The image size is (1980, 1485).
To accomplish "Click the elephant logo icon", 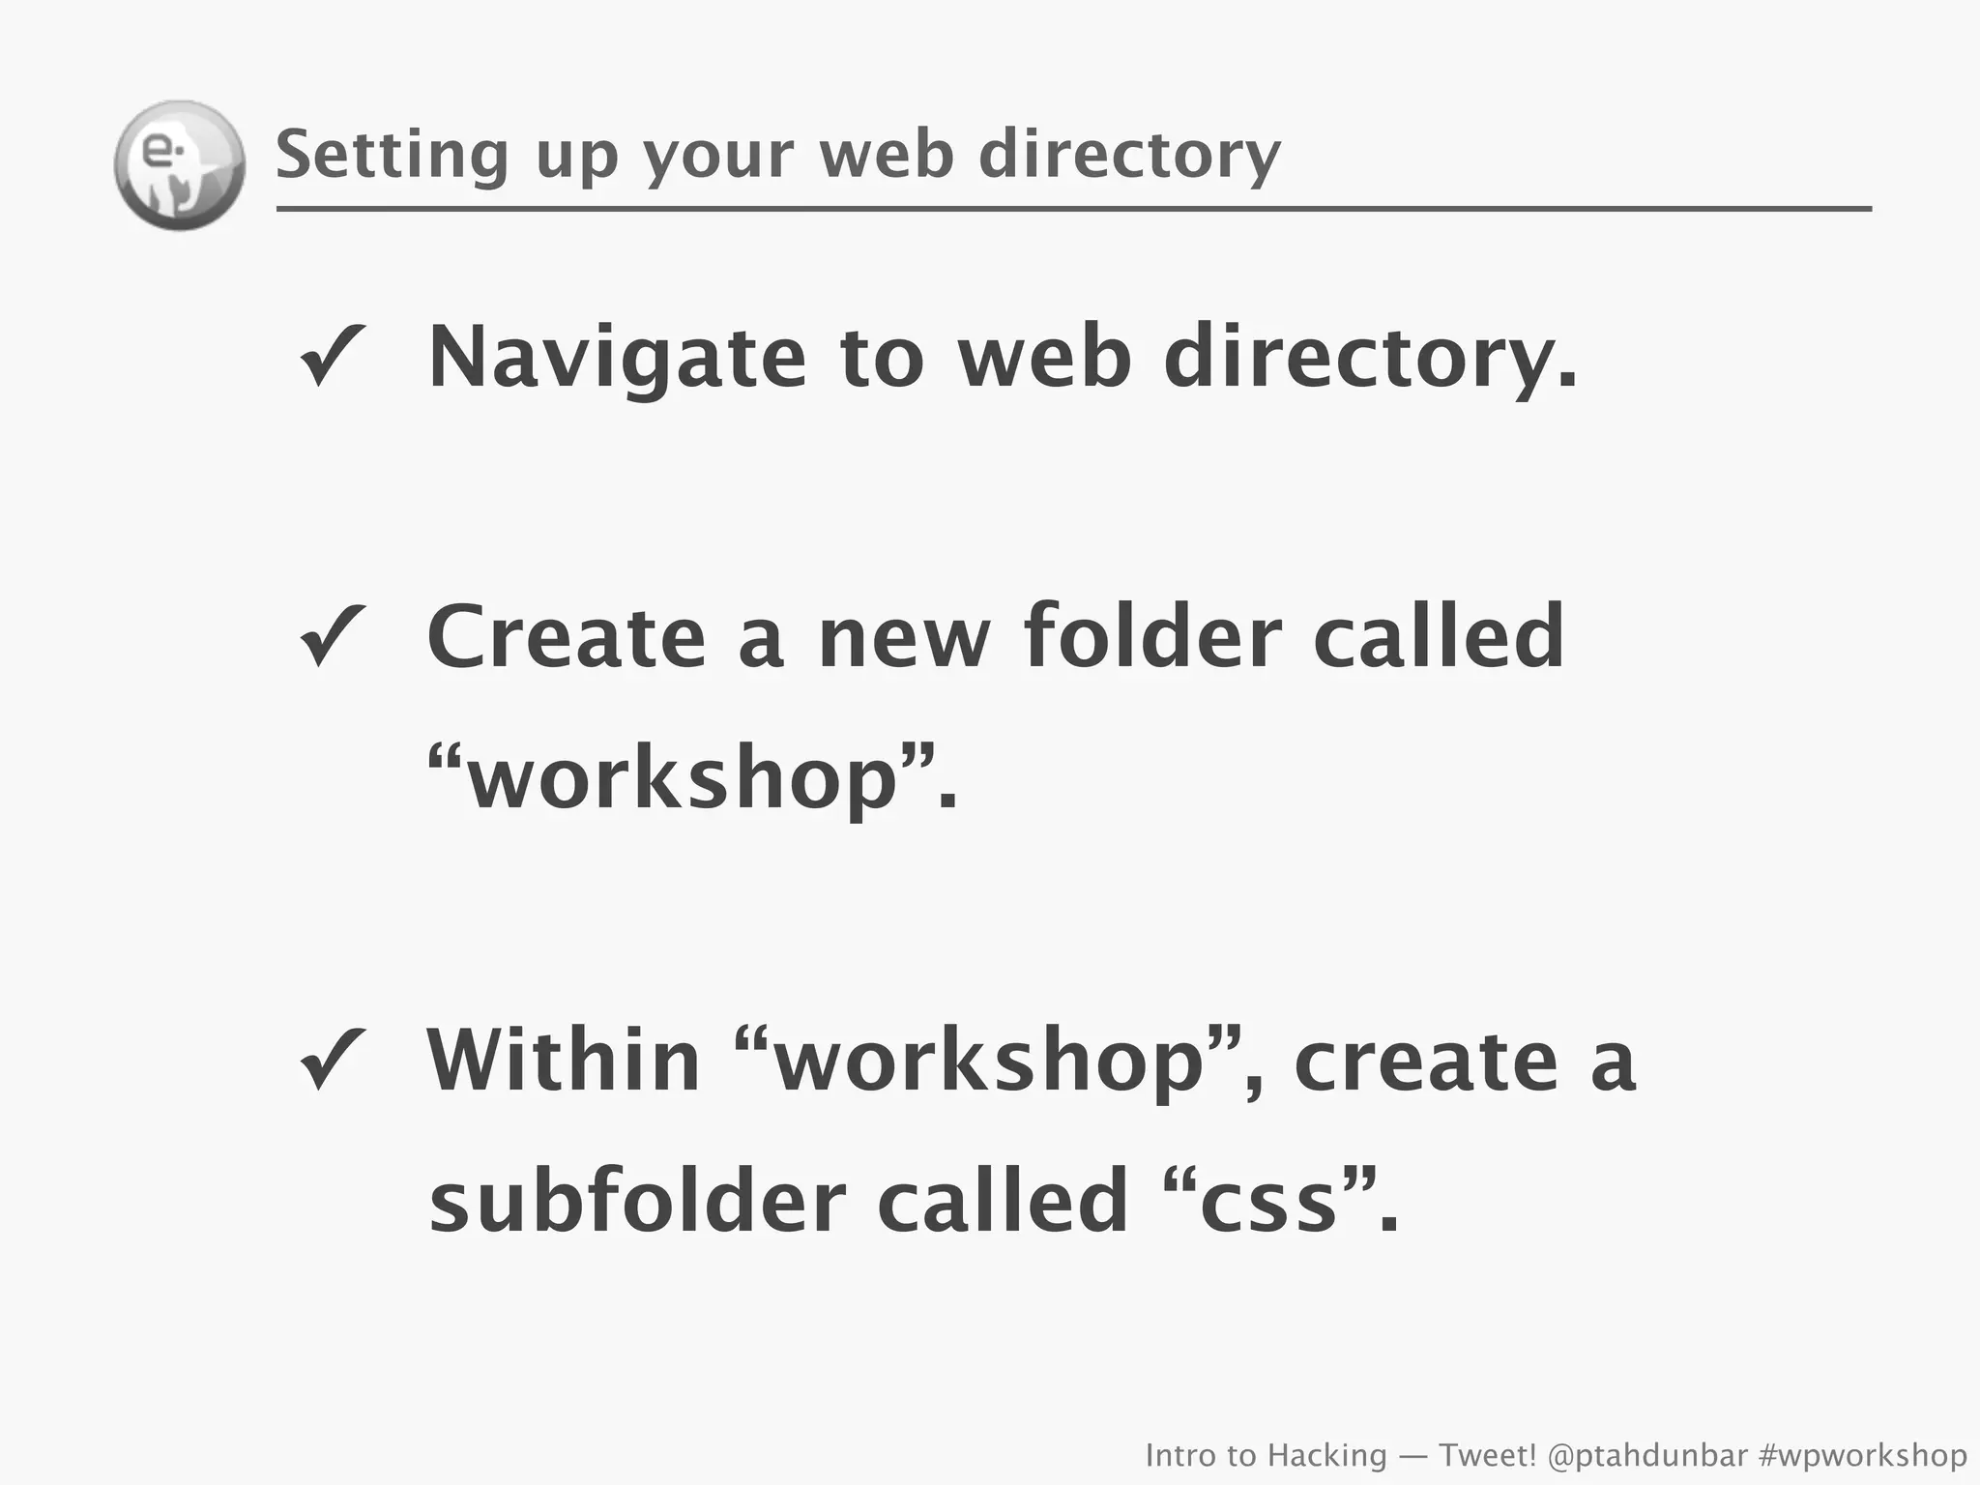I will (180, 165).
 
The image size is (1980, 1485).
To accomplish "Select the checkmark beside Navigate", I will (332, 356).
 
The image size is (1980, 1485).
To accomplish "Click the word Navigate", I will (617, 358).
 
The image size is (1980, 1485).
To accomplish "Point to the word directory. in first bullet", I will (1370, 358).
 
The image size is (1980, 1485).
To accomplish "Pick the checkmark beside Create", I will (332, 637).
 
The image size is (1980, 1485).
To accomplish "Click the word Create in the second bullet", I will (567, 637).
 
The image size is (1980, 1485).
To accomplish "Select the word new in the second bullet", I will (905, 639).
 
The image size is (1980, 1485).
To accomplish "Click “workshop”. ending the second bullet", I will (692, 778).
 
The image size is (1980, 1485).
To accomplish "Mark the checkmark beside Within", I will (332, 1060).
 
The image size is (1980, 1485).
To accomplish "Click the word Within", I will (564, 1061).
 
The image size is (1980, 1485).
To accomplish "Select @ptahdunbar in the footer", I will (1647, 1455).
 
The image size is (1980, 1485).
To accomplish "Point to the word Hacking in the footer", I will (1326, 1455).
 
